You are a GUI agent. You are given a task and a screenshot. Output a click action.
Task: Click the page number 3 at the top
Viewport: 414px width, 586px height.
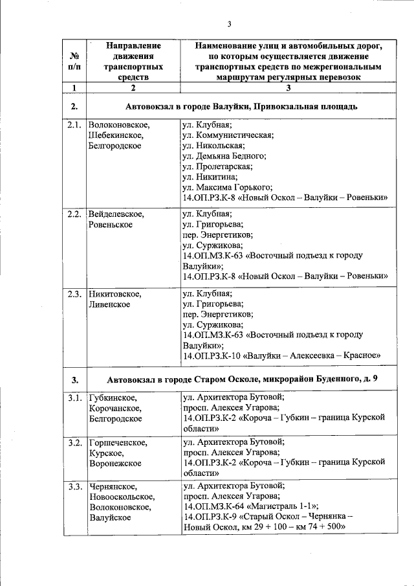229,25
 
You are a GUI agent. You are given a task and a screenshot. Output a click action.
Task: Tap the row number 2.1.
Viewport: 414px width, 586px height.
74,125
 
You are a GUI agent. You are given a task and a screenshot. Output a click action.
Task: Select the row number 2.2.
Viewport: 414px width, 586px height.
74,214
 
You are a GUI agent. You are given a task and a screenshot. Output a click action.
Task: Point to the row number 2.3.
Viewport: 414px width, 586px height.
74,293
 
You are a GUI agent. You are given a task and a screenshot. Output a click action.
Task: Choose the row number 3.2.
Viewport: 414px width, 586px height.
74,443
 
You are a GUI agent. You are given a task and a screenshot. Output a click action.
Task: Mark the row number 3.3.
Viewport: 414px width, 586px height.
74,485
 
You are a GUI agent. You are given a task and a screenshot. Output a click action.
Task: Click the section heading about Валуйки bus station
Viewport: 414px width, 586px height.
242,106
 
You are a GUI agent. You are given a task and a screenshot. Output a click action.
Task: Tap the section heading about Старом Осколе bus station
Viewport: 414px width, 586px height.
242,378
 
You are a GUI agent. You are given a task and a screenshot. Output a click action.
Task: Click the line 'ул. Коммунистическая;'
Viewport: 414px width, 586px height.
228,135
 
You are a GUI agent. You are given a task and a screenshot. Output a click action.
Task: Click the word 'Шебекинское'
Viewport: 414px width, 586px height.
115,135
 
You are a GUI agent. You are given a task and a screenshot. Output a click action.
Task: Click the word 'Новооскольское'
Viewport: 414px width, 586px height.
121,496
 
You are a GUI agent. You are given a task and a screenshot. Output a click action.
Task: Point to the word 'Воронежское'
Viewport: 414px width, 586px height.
114,464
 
